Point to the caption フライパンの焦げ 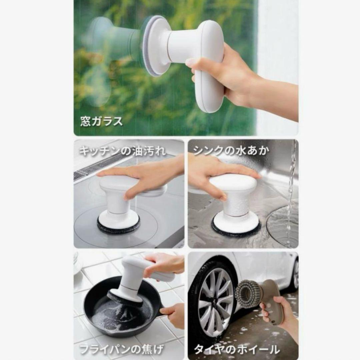tap(122, 349)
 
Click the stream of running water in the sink tap(291, 187)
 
